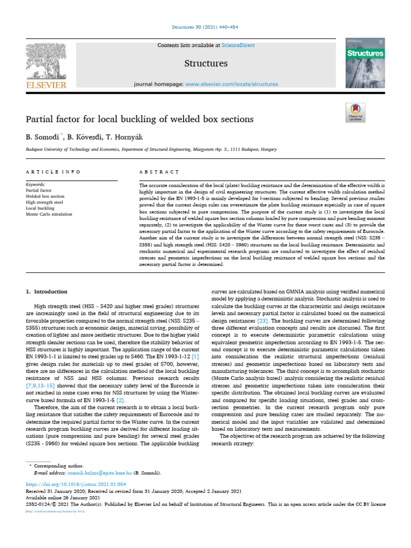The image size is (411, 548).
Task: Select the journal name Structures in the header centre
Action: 206,64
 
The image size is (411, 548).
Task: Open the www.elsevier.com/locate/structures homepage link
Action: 231,84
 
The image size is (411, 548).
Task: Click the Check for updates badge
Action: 355,113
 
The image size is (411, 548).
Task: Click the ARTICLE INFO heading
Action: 54,172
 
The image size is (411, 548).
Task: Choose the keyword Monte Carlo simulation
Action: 49,214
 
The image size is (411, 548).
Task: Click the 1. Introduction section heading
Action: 47,292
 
